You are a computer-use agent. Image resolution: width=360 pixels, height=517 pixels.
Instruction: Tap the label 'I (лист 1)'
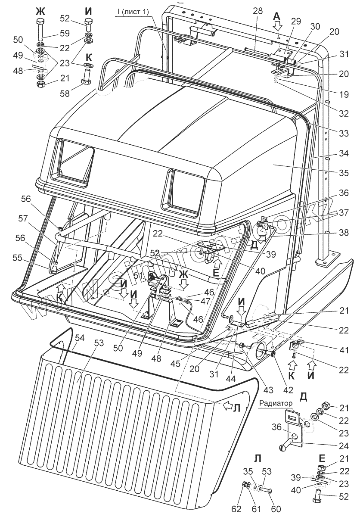coord(132,12)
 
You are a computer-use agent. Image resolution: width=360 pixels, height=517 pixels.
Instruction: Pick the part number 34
coord(343,153)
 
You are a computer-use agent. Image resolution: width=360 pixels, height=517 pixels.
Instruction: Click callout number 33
coord(343,134)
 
